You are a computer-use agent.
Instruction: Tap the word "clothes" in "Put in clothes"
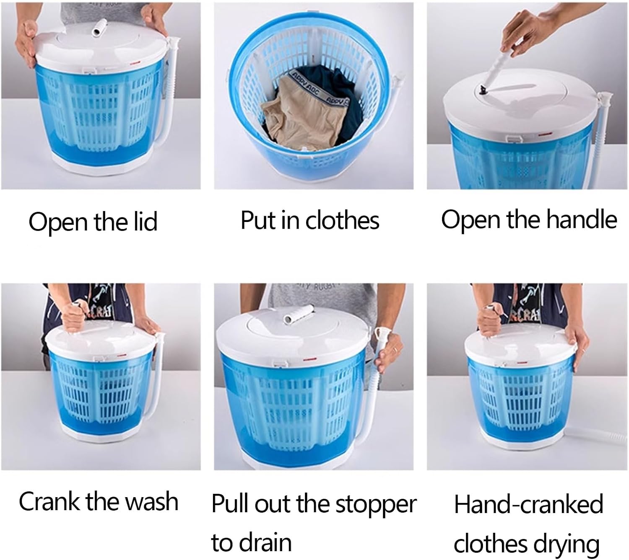(342, 220)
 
